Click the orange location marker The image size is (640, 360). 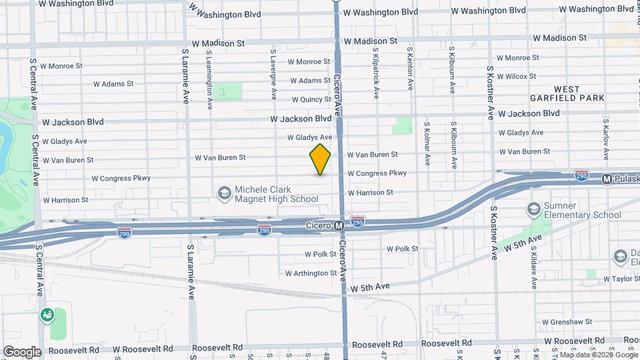point(320,159)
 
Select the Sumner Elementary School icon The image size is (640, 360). point(533,210)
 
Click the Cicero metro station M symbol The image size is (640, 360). point(339,226)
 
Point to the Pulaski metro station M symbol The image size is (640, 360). point(607,179)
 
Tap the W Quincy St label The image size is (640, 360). point(311,100)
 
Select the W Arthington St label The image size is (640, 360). point(311,273)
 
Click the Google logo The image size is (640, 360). point(21,351)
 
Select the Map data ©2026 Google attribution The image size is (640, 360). point(596,355)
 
